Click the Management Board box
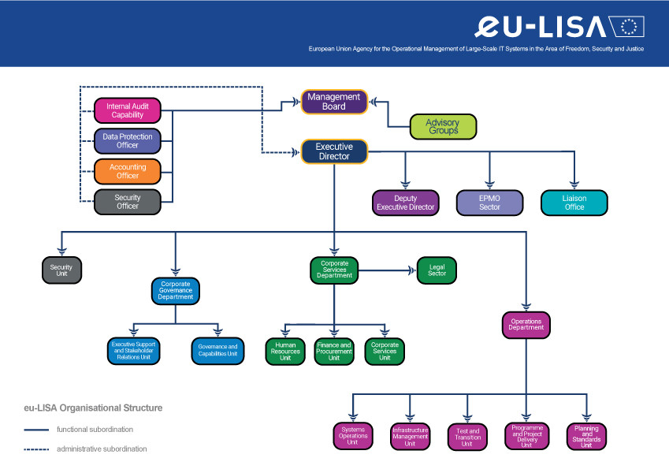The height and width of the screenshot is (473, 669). (x=334, y=102)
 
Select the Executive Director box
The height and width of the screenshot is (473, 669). (x=334, y=151)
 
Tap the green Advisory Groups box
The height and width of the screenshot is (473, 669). (x=444, y=126)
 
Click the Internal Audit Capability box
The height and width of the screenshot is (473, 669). (x=127, y=110)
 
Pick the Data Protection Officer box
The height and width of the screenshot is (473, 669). (x=127, y=141)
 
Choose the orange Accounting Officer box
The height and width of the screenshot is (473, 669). (x=127, y=171)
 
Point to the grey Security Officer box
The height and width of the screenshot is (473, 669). (x=127, y=202)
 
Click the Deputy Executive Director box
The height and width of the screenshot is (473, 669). (x=406, y=203)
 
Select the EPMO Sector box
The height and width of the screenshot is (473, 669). (x=489, y=203)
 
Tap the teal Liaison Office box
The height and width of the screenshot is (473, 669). (x=574, y=203)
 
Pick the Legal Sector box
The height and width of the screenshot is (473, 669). (x=437, y=270)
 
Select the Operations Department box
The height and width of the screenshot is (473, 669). (x=526, y=325)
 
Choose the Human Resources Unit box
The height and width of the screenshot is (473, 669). (x=284, y=352)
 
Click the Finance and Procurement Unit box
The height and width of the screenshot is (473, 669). (x=334, y=352)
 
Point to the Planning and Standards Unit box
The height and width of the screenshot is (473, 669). (x=586, y=436)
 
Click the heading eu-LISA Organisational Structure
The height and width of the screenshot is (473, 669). (x=93, y=408)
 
